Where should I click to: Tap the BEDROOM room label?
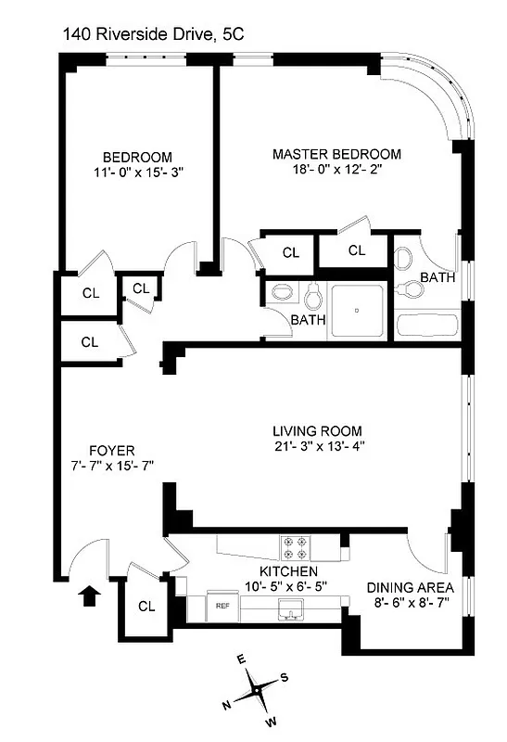[x=137, y=156]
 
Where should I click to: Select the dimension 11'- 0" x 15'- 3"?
[x=137, y=172]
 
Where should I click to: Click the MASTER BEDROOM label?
[x=336, y=154]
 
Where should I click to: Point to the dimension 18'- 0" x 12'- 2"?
[x=336, y=170]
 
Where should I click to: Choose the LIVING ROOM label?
[x=317, y=430]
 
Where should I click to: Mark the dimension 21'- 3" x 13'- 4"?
[x=317, y=446]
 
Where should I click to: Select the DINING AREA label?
[x=410, y=588]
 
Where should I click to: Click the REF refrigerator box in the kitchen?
[x=222, y=606]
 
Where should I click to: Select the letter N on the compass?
[x=226, y=706]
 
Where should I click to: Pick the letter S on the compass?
[x=285, y=677]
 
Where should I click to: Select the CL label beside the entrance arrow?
[x=146, y=607]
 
